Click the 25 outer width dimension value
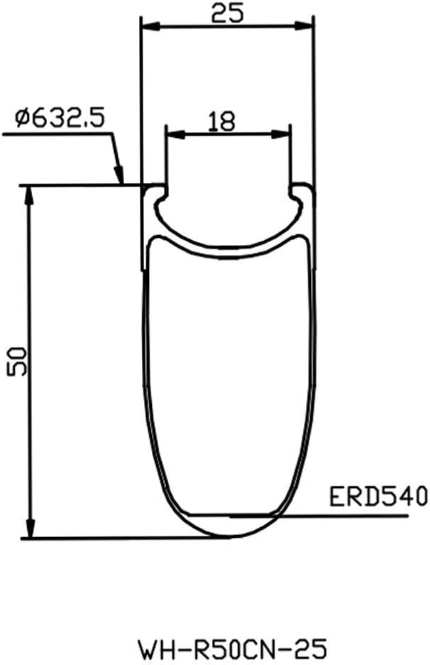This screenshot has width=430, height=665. (x=227, y=13)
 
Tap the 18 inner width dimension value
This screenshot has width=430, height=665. (x=222, y=121)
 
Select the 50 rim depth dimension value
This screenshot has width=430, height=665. (x=17, y=361)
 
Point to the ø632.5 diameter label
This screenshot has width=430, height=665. (x=60, y=119)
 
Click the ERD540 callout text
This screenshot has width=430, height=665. (x=379, y=496)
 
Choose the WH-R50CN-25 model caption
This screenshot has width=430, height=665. (x=232, y=649)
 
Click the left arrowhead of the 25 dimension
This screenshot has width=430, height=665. (x=150, y=26)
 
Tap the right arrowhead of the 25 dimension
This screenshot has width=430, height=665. (x=304, y=26)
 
